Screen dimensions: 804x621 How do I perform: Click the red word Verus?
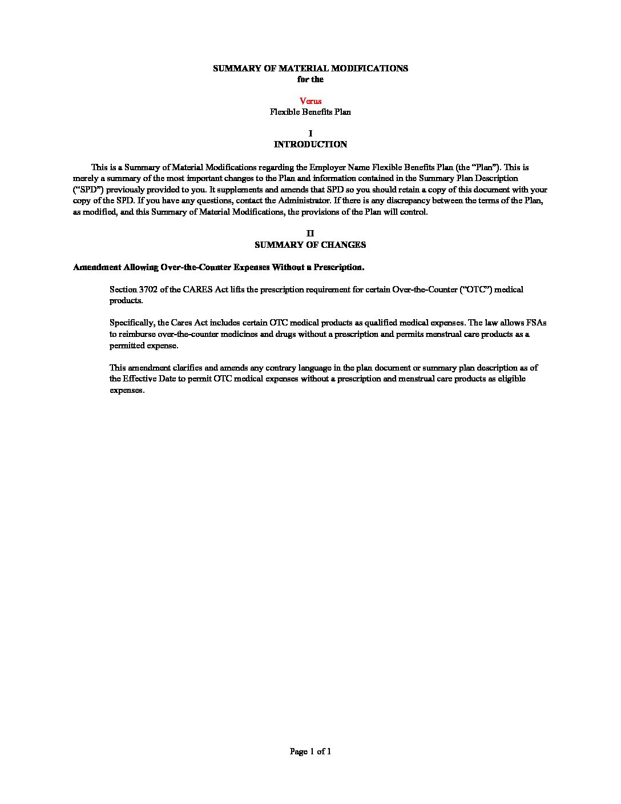[x=310, y=101]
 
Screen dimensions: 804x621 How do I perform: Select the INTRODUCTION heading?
[x=310, y=144]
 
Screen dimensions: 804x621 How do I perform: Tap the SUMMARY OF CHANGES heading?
[x=310, y=245]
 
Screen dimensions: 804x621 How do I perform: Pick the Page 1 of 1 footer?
[x=310, y=751]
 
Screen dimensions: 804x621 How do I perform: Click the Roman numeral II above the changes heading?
[x=310, y=234]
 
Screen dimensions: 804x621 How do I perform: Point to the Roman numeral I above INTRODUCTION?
[x=310, y=134]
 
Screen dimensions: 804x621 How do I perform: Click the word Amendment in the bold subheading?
[x=97, y=267]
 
